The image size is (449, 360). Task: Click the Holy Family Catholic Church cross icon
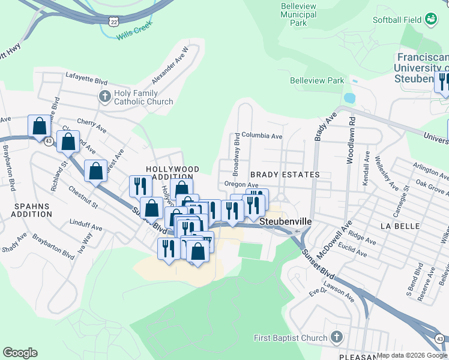104,96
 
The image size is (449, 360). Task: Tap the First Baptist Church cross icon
336,337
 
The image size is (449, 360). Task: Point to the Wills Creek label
131,32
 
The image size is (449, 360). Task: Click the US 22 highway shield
114,21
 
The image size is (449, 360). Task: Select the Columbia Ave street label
262,136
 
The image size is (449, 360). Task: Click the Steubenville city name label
286,221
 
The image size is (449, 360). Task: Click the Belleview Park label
317,80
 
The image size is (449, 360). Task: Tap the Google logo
20,353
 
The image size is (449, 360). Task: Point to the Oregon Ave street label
241,185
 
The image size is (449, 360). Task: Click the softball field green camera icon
430,20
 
